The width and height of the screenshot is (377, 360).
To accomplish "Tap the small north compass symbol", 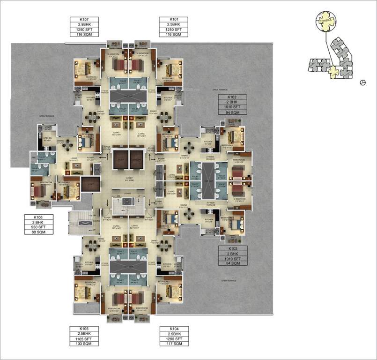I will click(x=362, y=83).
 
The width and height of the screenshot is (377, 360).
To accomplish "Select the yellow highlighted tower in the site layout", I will click(x=334, y=72).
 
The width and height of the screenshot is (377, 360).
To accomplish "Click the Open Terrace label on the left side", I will click(x=33, y=115).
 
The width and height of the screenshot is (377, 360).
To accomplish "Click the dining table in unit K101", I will click(x=163, y=116).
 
